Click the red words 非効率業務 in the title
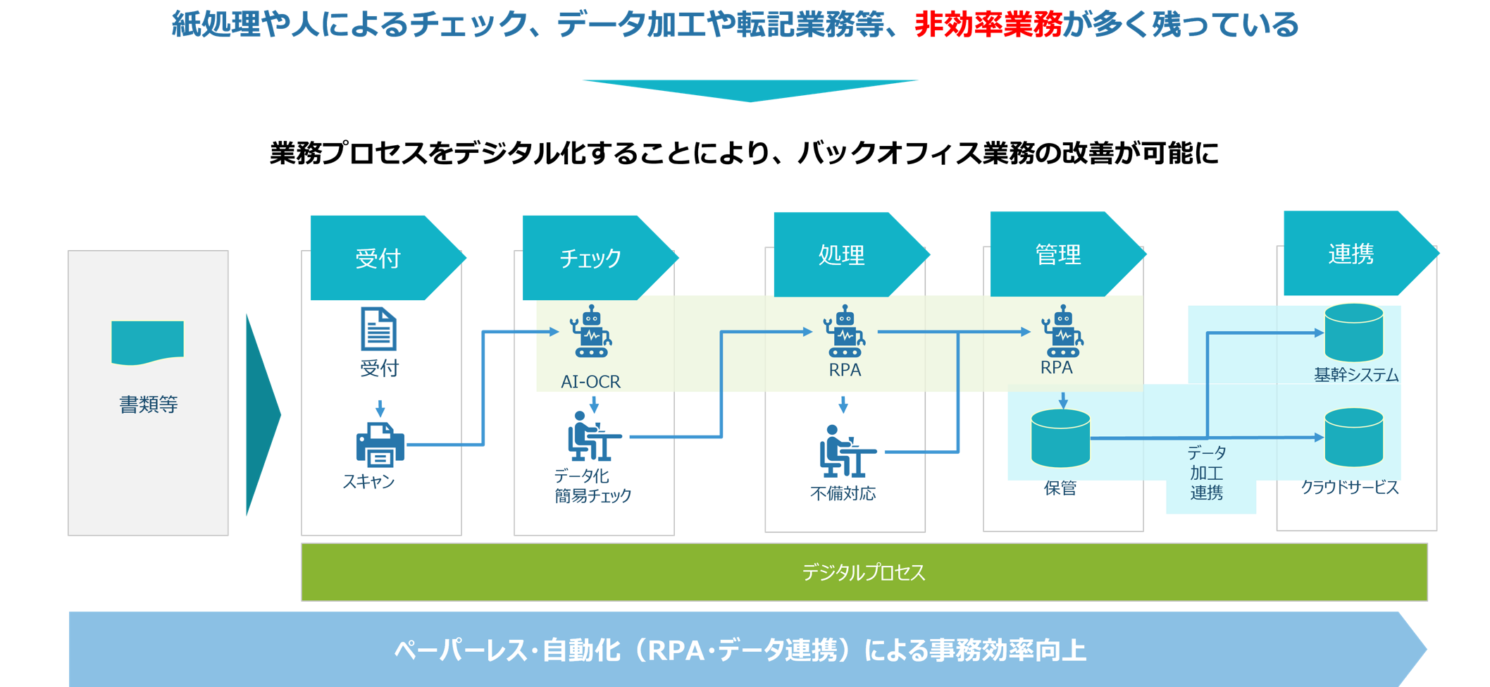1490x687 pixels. coord(988,25)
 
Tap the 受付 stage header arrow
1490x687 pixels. coord(379,258)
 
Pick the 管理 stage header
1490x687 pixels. coord(1059,254)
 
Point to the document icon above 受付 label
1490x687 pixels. coord(378,328)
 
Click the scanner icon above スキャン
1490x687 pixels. coord(380,444)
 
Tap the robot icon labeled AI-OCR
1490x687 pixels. coord(592,331)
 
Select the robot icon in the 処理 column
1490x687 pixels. coord(845,331)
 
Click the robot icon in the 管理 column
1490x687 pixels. coord(1062,331)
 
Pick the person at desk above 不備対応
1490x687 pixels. coord(845,451)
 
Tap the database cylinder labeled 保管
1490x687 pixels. coord(1060,438)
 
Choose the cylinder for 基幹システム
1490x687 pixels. coord(1353,333)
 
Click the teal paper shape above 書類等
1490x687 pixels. coord(147,342)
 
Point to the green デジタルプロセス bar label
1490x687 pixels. coord(864,572)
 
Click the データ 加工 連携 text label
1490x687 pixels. coord(1207,473)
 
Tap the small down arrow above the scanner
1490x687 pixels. coord(380,409)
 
